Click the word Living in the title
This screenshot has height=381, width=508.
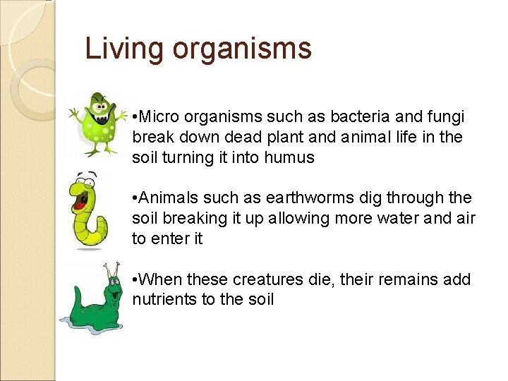[x=123, y=49]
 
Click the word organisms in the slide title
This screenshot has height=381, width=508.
[x=241, y=49]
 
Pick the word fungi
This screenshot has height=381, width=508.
[x=446, y=116]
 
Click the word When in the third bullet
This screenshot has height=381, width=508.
[x=159, y=279]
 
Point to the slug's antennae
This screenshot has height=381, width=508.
[x=110, y=272]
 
